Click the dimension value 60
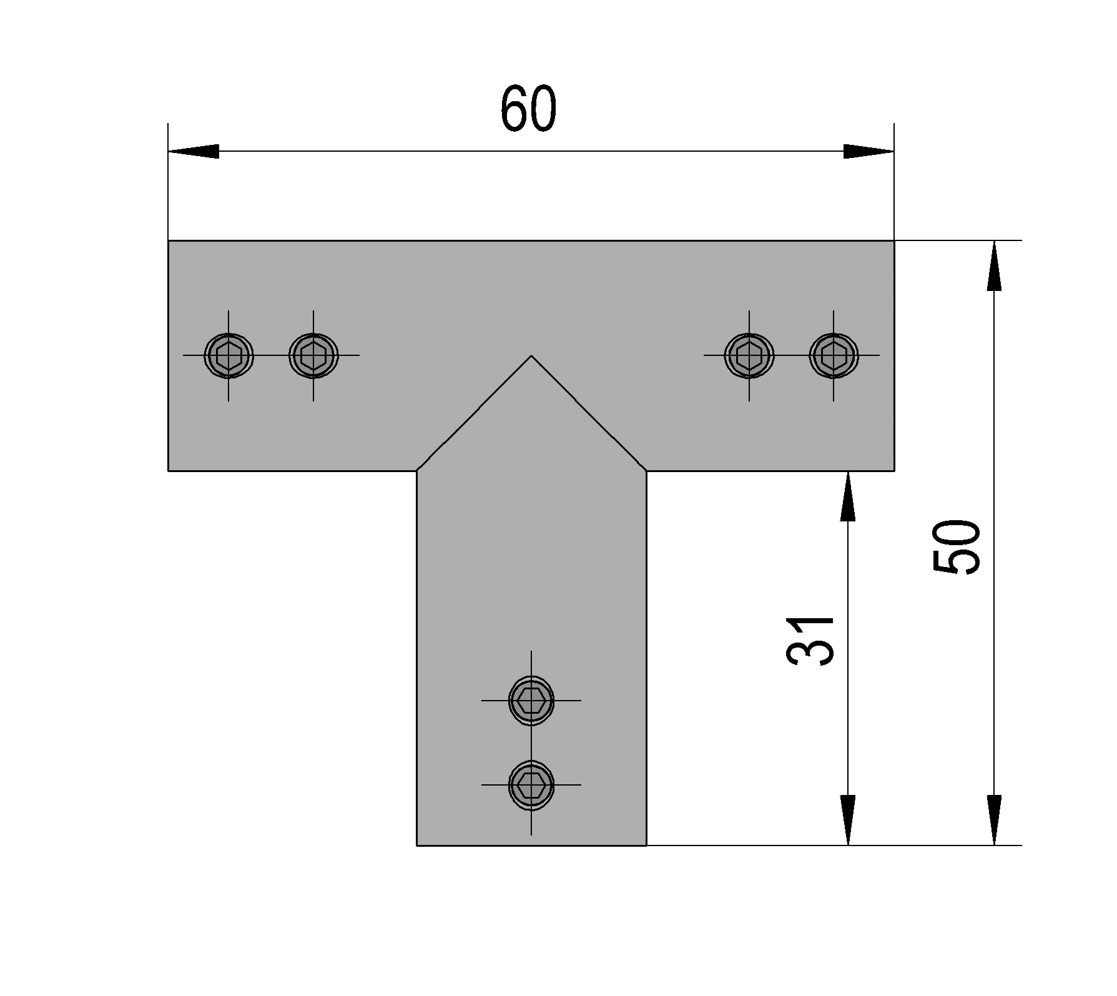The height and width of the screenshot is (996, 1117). tap(528, 109)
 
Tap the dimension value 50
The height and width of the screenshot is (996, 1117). tap(956, 546)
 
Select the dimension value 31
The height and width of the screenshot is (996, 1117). tap(810, 641)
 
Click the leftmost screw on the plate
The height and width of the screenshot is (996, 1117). tap(229, 355)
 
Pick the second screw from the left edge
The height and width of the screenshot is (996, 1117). tap(313, 355)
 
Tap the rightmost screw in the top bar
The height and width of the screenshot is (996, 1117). tap(834, 355)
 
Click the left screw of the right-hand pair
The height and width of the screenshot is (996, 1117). tap(749, 355)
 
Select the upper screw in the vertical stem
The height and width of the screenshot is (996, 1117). tap(531, 700)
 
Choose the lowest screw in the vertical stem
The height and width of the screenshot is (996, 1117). tap(531, 785)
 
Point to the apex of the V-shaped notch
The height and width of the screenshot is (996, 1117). tap(531, 356)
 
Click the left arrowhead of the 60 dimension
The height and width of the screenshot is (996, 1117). tap(194, 151)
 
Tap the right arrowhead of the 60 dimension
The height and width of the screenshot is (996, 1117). tap(869, 151)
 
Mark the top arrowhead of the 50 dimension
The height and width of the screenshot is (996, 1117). tap(994, 265)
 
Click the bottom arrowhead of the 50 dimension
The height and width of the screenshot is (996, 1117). tap(994, 820)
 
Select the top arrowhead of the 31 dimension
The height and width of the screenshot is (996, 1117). tap(847, 496)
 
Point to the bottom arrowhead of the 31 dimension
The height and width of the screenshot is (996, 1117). tap(847, 820)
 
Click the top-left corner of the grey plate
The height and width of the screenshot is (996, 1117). tap(169, 241)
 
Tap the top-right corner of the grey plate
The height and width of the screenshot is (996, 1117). tap(893, 241)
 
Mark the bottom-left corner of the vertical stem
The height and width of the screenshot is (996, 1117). tap(417, 845)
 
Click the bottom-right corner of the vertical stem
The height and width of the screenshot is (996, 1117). tap(646, 845)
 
